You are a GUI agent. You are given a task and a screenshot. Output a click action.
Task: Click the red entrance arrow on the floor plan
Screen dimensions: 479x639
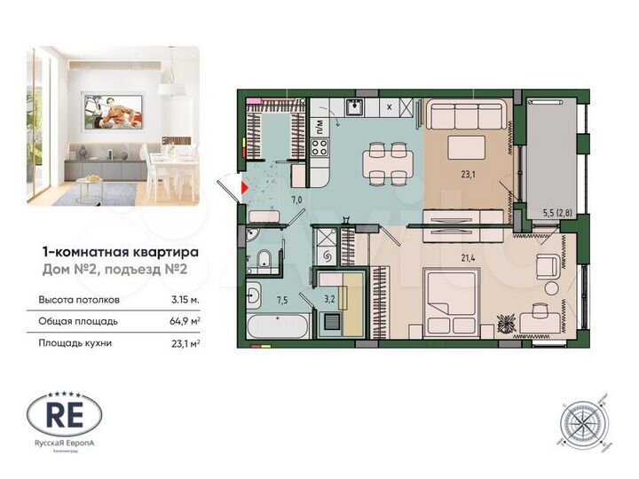(246, 186)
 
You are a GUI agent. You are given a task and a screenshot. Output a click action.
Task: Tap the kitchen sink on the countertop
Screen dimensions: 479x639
(353, 107)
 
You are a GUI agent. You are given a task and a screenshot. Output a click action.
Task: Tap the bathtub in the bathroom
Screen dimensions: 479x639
(277, 325)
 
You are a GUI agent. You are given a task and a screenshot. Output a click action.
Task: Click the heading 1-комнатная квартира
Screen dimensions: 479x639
(122, 251)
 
